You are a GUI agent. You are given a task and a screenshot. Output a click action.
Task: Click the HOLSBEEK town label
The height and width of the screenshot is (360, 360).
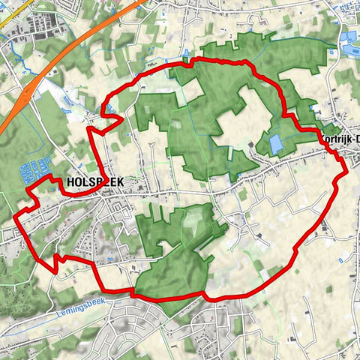(94, 182)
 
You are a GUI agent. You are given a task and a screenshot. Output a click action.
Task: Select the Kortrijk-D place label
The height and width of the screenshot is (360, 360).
(340, 139)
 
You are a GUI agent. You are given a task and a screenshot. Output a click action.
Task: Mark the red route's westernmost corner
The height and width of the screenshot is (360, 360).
(16, 218)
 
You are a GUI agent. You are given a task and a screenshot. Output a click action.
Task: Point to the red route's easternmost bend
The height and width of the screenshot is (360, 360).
(346, 172)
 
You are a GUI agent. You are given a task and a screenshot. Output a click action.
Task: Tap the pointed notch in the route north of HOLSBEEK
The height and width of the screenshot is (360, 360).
(91, 129)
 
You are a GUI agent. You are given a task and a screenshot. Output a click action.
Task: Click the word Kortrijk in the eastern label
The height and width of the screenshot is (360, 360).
(334, 139)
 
